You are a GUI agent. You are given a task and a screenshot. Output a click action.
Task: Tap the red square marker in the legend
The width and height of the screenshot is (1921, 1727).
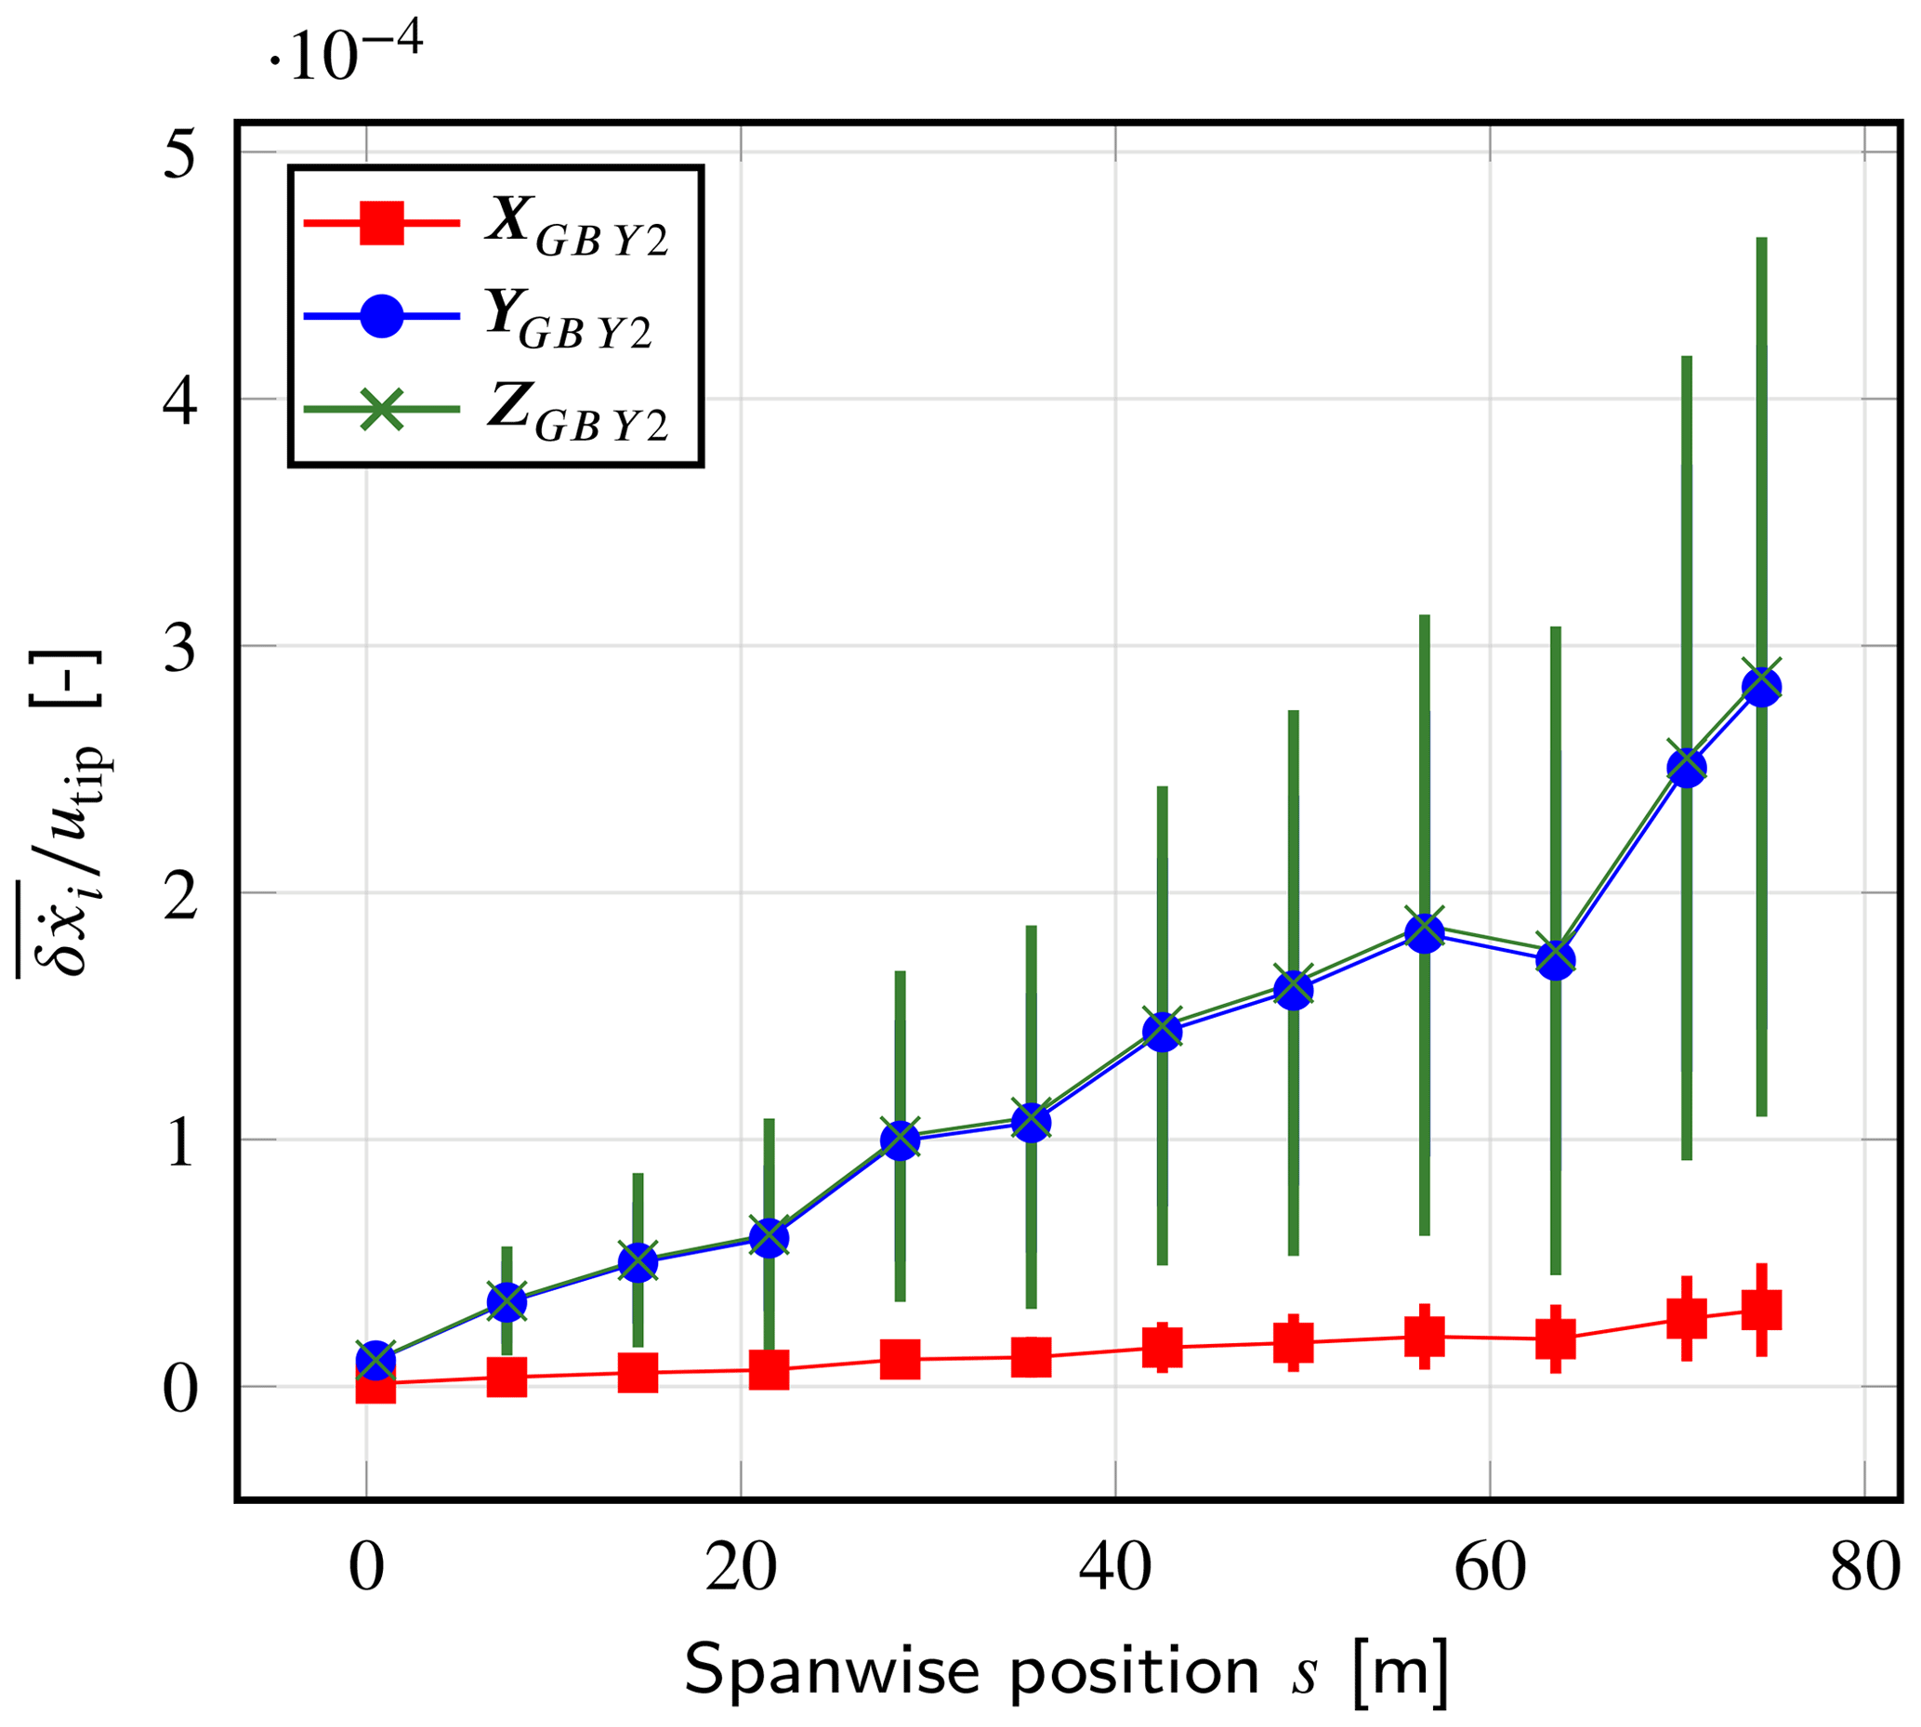point(381,224)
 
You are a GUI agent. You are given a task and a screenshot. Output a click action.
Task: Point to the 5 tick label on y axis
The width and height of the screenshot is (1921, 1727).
point(180,153)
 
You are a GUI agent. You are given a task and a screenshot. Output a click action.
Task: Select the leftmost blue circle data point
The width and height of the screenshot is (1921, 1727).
point(375,1361)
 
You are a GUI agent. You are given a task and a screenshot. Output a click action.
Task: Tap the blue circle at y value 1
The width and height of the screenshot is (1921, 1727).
point(901,1140)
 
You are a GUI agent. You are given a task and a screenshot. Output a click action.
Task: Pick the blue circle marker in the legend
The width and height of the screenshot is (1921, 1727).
point(381,316)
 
